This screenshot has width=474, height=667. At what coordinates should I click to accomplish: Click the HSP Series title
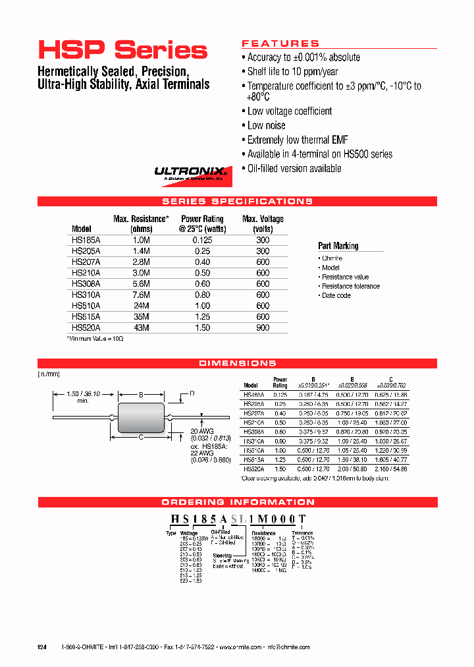(x=122, y=51)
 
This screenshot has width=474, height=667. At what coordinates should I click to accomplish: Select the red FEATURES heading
(x=280, y=43)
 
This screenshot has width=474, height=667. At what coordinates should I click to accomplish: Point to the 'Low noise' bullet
(x=266, y=125)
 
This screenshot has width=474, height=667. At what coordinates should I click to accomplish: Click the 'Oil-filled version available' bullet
(x=294, y=169)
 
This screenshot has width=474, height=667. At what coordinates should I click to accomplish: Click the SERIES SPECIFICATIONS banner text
(x=237, y=202)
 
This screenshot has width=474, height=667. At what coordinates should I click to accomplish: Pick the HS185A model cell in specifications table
(x=86, y=241)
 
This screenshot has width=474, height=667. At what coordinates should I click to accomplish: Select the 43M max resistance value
(x=142, y=328)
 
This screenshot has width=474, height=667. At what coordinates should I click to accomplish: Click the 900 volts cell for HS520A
(x=263, y=328)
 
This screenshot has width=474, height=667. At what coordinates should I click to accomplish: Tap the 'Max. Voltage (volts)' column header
(x=263, y=224)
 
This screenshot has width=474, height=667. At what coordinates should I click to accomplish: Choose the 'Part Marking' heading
(x=338, y=246)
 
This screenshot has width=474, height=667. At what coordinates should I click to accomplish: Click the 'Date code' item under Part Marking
(x=336, y=295)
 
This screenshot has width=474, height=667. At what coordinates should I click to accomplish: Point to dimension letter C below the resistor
(x=140, y=436)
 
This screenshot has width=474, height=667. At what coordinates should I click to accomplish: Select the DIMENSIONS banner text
(x=237, y=364)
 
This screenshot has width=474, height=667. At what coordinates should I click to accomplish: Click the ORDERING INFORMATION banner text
(x=237, y=502)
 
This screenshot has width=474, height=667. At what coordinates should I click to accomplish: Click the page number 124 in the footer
(x=42, y=647)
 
